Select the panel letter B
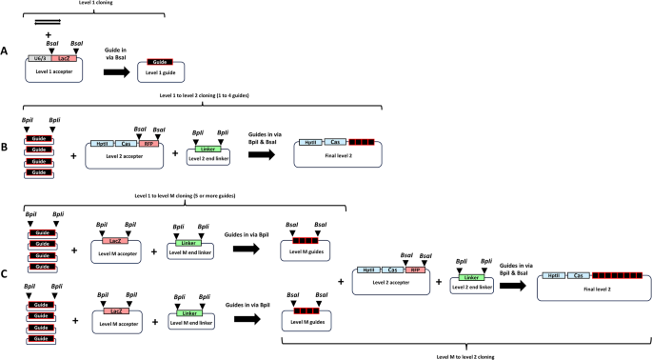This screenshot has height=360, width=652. coord(7,149)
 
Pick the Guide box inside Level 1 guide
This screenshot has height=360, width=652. coord(160,62)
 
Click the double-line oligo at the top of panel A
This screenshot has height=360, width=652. coord(48,20)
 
